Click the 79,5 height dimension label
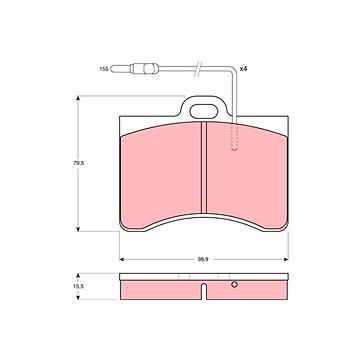click(x=78, y=163)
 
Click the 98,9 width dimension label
click(x=203, y=259)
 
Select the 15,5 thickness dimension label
click(x=78, y=286)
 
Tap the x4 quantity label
click(x=243, y=69)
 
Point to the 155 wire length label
click(x=104, y=69)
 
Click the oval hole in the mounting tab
click(x=204, y=111)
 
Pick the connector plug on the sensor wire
click(x=144, y=69)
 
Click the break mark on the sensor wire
click(x=198, y=69)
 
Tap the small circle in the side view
click(x=234, y=284)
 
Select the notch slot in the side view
click(x=204, y=291)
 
